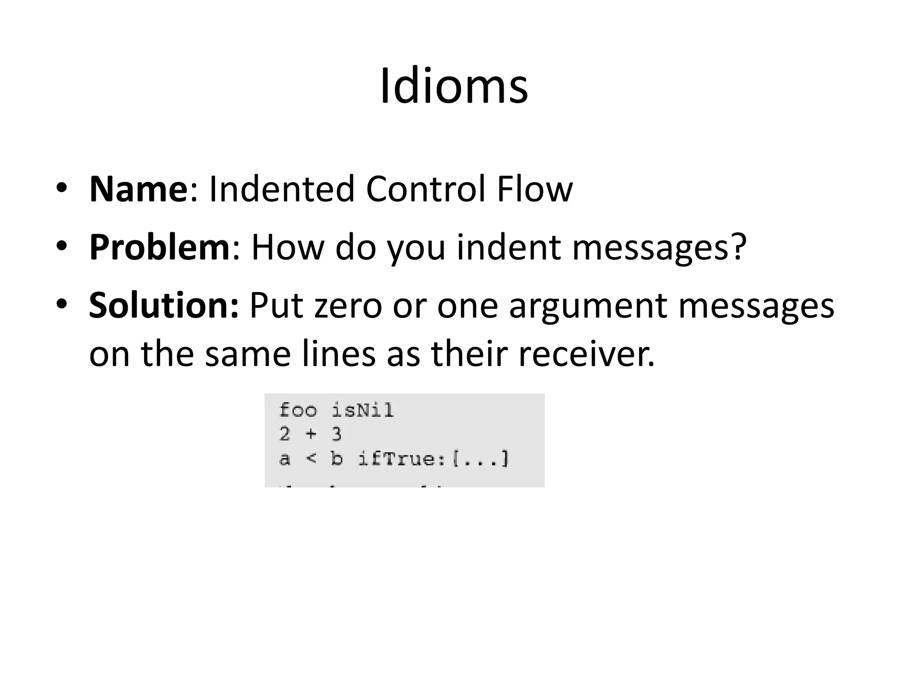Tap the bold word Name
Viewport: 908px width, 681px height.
(138, 189)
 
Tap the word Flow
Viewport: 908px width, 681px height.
(534, 189)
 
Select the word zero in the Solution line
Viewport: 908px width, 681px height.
(348, 306)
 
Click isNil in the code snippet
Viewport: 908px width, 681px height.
(363, 410)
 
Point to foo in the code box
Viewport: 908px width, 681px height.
(298, 410)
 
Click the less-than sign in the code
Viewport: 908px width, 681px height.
(311, 458)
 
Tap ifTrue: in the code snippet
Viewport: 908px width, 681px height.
(402, 458)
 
